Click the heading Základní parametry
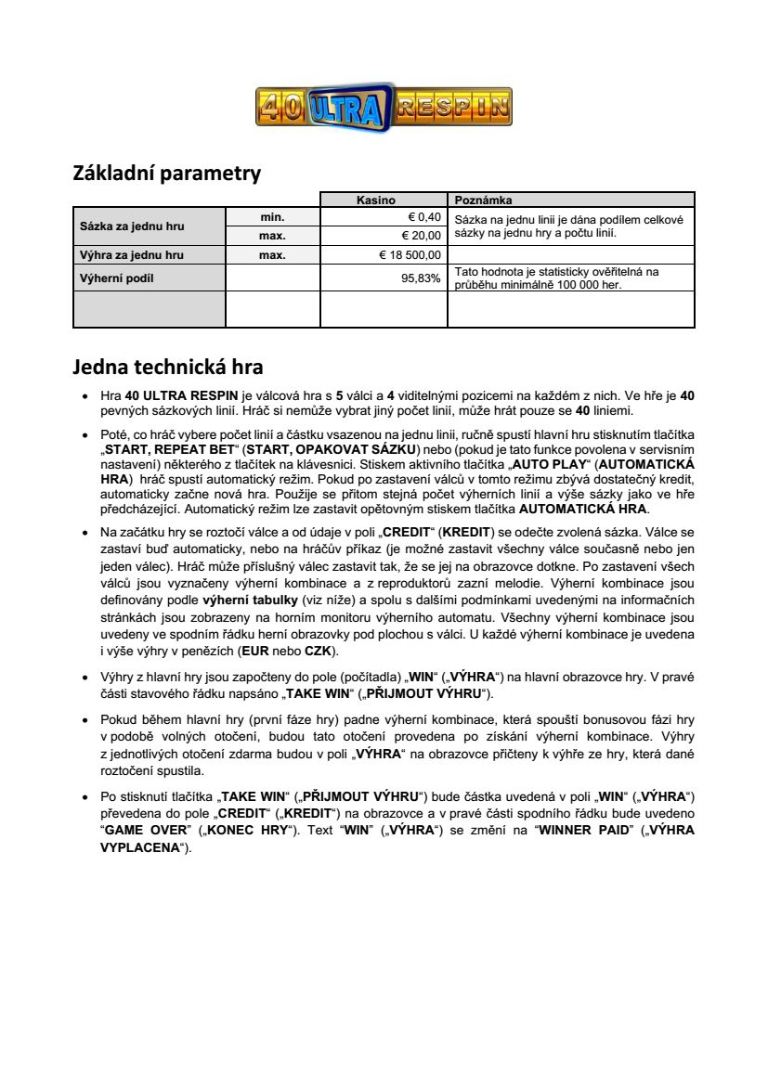point(166,174)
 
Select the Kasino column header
point(383,200)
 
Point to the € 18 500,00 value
point(410,254)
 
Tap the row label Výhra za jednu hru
point(132,254)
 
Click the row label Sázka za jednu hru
point(132,226)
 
